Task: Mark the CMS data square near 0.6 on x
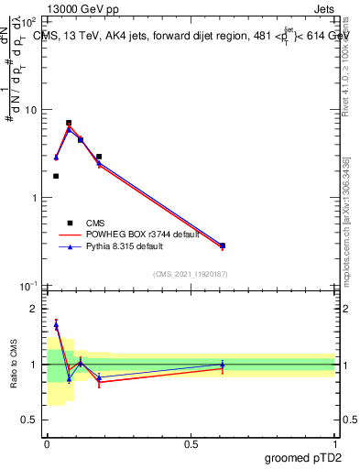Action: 223,245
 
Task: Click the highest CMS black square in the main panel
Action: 69,123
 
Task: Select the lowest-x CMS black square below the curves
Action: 56,176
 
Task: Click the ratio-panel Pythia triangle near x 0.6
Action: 223,365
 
